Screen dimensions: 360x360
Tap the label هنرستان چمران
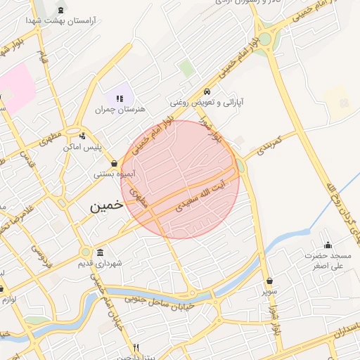click(x=119, y=110)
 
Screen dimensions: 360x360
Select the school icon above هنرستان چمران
click(x=119, y=98)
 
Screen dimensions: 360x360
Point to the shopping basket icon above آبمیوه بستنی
click(x=115, y=163)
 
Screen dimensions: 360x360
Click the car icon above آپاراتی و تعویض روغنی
click(x=207, y=92)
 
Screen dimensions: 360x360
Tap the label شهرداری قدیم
click(x=101, y=263)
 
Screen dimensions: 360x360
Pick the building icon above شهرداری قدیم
click(x=101, y=252)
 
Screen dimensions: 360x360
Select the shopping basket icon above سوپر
click(x=270, y=281)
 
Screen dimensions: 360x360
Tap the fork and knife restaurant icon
click(x=136, y=347)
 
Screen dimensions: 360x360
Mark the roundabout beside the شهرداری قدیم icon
click(x=85, y=252)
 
